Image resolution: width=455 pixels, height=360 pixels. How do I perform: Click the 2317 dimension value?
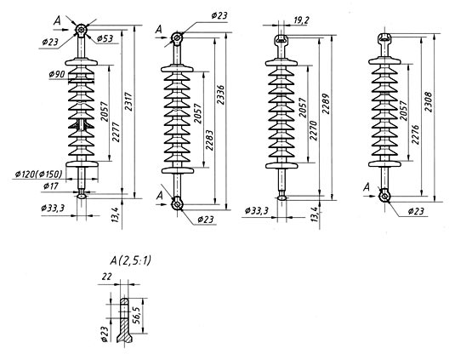click(x=128, y=102)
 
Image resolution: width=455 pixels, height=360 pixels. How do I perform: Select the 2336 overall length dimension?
click(x=221, y=95)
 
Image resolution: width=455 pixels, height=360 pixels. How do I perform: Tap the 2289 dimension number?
click(x=327, y=104)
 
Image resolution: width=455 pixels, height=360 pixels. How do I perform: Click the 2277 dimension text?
click(x=116, y=133)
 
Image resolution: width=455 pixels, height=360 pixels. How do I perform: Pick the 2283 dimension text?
click(x=209, y=140)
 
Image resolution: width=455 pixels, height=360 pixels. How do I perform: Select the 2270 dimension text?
click(x=314, y=131)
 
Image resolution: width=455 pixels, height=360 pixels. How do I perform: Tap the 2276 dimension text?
click(x=416, y=134)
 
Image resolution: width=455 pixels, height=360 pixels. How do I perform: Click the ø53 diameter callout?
click(x=105, y=38)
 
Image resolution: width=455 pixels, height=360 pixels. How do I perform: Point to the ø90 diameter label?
click(x=57, y=74)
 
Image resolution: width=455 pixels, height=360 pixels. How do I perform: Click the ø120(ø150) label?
click(x=39, y=174)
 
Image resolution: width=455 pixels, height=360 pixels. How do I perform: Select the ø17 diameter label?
click(x=51, y=186)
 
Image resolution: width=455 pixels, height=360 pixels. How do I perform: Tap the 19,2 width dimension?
click(x=301, y=20)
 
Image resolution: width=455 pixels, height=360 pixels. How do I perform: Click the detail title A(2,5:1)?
click(x=131, y=260)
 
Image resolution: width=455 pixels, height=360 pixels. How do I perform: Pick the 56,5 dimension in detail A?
click(x=136, y=316)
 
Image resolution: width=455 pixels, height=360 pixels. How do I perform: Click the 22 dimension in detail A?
click(x=106, y=277)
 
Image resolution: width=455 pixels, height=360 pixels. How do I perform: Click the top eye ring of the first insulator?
click(x=82, y=29)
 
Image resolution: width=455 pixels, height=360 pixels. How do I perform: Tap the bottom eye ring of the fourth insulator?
click(x=384, y=196)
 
